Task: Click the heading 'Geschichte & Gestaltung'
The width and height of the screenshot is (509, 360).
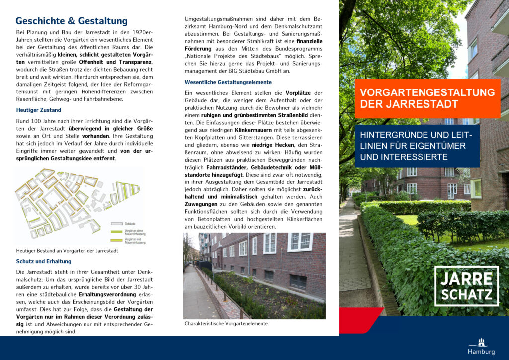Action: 72,21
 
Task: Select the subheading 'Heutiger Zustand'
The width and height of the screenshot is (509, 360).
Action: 39,110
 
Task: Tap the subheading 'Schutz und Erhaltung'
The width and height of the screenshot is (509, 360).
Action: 44,261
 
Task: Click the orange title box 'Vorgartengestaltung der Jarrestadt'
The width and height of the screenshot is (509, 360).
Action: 427,98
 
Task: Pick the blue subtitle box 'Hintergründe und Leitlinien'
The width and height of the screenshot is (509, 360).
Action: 417,146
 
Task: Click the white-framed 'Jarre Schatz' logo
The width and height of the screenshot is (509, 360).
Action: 466,286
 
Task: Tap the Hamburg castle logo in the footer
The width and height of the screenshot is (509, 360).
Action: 481,346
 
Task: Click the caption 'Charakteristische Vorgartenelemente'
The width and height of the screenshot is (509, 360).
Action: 226,323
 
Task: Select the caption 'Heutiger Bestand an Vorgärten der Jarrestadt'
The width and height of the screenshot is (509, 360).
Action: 67,251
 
